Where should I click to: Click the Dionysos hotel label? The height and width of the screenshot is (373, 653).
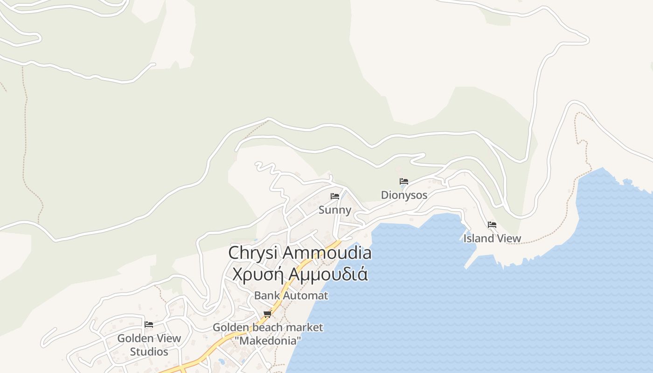click(x=404, y=195)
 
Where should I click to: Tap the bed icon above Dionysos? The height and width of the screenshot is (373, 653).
click(x=404, y=181)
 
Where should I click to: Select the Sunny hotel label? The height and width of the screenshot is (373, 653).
click(x=335, y=210)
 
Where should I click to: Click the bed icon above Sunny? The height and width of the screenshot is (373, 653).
click(x=335, y=196)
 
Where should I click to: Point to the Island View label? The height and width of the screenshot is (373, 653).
click(x=492, y=238)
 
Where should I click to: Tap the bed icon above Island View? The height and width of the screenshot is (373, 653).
click(x=492, y=225)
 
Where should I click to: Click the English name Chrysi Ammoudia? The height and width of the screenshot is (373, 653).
click(x=300, y=253)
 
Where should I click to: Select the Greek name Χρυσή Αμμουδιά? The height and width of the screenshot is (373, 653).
click(x=300, y=274)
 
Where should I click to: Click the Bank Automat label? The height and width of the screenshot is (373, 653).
click(x=291, y=296)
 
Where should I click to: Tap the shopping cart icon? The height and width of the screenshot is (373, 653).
click(x=267, y=314)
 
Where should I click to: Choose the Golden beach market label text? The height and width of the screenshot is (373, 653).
click(x=268, y=327)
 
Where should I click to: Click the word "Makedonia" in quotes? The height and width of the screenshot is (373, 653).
click(x=268, y=341)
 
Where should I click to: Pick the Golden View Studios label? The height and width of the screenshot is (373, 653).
click(x=149, y=345)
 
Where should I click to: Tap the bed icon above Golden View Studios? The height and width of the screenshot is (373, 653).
click(x=149, y=325)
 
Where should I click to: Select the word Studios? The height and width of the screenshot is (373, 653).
click(x=149, y=352)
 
